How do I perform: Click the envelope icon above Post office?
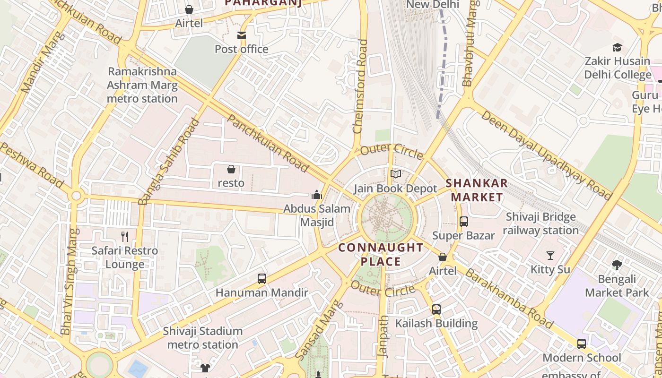click(x=242, y=35)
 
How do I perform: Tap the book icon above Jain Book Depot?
click(x=396, y=174)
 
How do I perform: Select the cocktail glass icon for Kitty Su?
click(x=550, y=256)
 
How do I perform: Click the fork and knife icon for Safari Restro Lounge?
click(x=125, y=236)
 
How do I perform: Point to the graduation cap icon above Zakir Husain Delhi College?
click(x=617, y=47)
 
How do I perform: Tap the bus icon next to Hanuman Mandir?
click(x=262, y=279)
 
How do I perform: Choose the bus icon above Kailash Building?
click(x=436, y=309)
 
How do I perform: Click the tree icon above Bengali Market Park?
click(x=617, y=265)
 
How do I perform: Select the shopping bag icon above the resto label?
click(x=231, y=169)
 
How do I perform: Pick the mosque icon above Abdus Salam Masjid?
click(x=316, y=194)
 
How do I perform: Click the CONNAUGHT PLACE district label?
click(x=381, y=254)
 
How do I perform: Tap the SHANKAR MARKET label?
click(x=477, y=190)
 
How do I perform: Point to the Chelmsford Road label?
click(x=361, y=86)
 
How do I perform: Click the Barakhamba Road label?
click(x=509, y=298)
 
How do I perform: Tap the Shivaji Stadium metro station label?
click(x=203, y=337)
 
